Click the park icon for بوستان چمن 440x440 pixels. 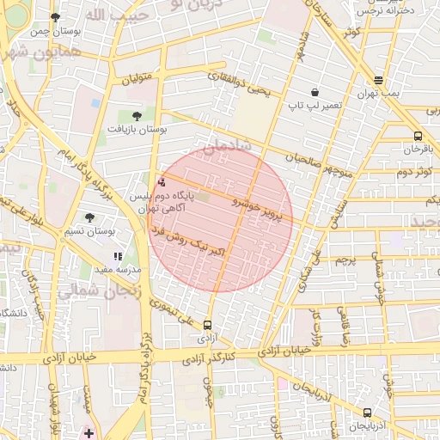pos(56,17)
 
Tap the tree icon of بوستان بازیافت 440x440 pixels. pos(137,114)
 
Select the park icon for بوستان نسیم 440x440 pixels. pos(90,217)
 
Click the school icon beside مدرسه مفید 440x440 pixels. pos(118,256)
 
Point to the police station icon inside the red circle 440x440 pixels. pos(162,182)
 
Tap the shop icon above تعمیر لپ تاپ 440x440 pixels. pos(315,92)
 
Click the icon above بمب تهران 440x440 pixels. pos(379,80)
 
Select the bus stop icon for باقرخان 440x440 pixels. pos(418,136)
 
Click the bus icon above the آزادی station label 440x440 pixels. pos(207,325)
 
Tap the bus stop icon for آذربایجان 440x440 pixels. pos(368,412)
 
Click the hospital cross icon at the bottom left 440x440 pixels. pos(89,432)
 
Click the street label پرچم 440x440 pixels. pos(345,259)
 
